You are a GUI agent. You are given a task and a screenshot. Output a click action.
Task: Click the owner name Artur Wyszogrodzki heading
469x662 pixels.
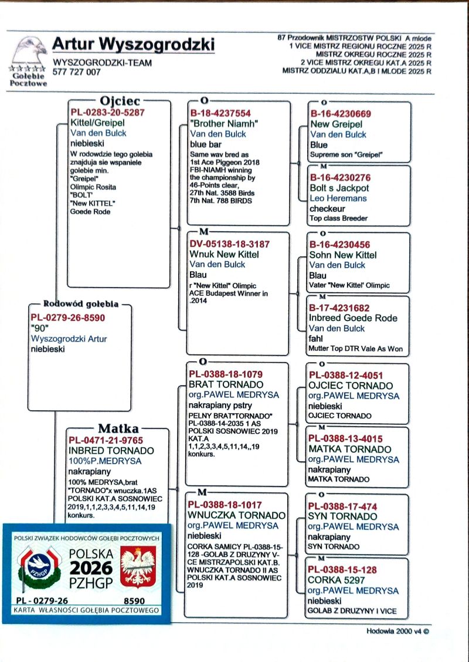pyautogui.click(x=133, y=45)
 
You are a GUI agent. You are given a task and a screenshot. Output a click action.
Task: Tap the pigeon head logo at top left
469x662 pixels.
pyautogui.click(x=29, y=52)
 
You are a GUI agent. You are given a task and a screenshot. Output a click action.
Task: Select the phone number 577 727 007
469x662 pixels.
pyautogui.click(x=76, y=72)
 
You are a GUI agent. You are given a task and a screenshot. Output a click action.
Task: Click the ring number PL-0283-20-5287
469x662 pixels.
pyautogui.click(x=107, y=112)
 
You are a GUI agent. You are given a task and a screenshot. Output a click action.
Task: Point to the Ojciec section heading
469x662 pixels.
pyautogui.click(x=120, y=100)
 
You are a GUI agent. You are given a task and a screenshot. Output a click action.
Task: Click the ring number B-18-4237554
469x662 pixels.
pyautogui.click(x=220, y=113)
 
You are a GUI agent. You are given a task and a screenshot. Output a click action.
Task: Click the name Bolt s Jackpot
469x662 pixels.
pyautogui.click(x=339, y=188)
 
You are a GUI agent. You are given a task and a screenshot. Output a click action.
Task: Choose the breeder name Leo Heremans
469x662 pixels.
pyautogui.click(x=338, y=198)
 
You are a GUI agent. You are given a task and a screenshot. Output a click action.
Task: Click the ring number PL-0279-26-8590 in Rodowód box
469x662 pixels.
pyautogui.click(x=67, y=318)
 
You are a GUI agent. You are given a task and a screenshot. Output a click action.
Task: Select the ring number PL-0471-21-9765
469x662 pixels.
pyautogui.click(x=106, y=440)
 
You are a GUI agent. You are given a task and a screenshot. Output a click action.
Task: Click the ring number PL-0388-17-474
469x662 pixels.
pyautogui.click(x=342, y=506)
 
